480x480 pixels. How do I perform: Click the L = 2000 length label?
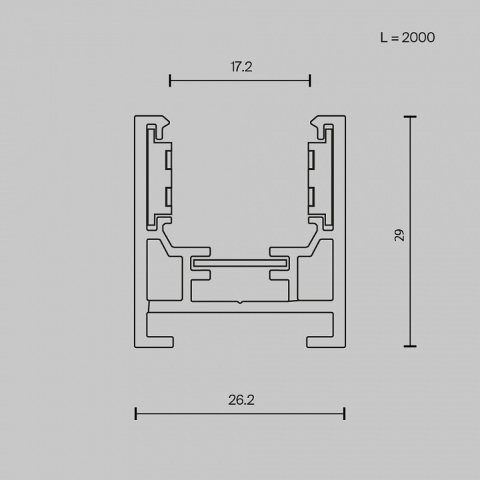click(407, 37)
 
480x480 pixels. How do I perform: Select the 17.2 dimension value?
click(241, 67)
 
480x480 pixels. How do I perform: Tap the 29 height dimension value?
click(399, 235)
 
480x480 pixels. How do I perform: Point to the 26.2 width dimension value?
click(241, 400)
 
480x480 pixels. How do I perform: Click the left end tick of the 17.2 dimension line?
click(171, 81)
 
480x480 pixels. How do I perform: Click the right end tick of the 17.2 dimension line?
click(310, 81)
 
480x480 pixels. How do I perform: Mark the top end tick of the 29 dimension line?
click(410, 117)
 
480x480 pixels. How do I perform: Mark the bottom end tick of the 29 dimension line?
click(410, 347)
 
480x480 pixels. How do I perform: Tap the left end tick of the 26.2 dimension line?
click(136, 414)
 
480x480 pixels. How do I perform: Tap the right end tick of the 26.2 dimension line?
click(344, 414)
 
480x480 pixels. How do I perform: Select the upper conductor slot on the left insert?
click(169, 159)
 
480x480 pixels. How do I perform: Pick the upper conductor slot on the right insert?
click(311, 159)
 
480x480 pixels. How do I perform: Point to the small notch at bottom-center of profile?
click(240, 303)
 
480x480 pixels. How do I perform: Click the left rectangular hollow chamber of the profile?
click(164, 270)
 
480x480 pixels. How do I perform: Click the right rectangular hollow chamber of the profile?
click(315, 270)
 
